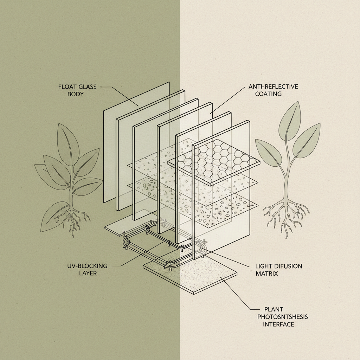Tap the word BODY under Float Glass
tap(75, 94)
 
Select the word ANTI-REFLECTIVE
tap(273, 86)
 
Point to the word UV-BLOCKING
tap(87, 266)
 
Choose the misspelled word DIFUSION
tap(285, 266)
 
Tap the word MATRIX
tap(267, 274)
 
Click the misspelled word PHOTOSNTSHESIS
tap(282, 317)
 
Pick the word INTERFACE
tap(278, 324)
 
